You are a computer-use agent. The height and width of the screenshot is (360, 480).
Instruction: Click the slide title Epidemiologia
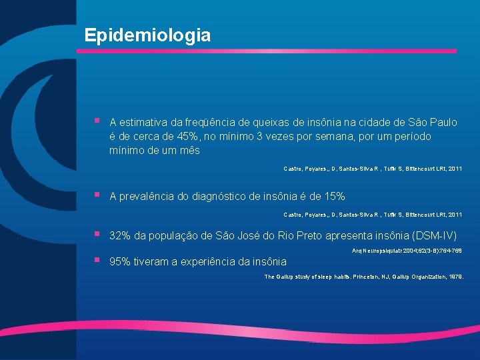click(147, 35)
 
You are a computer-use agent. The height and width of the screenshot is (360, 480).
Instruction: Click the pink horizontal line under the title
click(270, 51)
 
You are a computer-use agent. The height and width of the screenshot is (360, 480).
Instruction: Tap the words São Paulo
click(433, 122)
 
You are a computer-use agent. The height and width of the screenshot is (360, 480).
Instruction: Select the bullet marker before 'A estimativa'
click(97, 121)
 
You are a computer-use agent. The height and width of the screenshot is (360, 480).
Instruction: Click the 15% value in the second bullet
click(333, 196)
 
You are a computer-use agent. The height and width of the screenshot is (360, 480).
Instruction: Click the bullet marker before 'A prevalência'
click(97, 195)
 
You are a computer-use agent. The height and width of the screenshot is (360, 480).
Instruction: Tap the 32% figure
click(120, 236)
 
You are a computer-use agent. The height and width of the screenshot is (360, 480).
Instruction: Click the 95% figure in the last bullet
click(120, 261)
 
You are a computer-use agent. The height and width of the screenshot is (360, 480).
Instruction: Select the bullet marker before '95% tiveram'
click(97, 261)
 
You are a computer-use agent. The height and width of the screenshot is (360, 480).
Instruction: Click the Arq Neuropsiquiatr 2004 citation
click(406, 251)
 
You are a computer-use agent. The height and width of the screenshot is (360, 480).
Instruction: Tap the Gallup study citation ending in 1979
click(363, 276)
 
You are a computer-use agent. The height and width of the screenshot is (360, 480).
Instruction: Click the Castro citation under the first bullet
click(373, 169)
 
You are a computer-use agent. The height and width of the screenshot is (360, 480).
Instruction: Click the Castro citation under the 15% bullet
click(373, 214)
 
